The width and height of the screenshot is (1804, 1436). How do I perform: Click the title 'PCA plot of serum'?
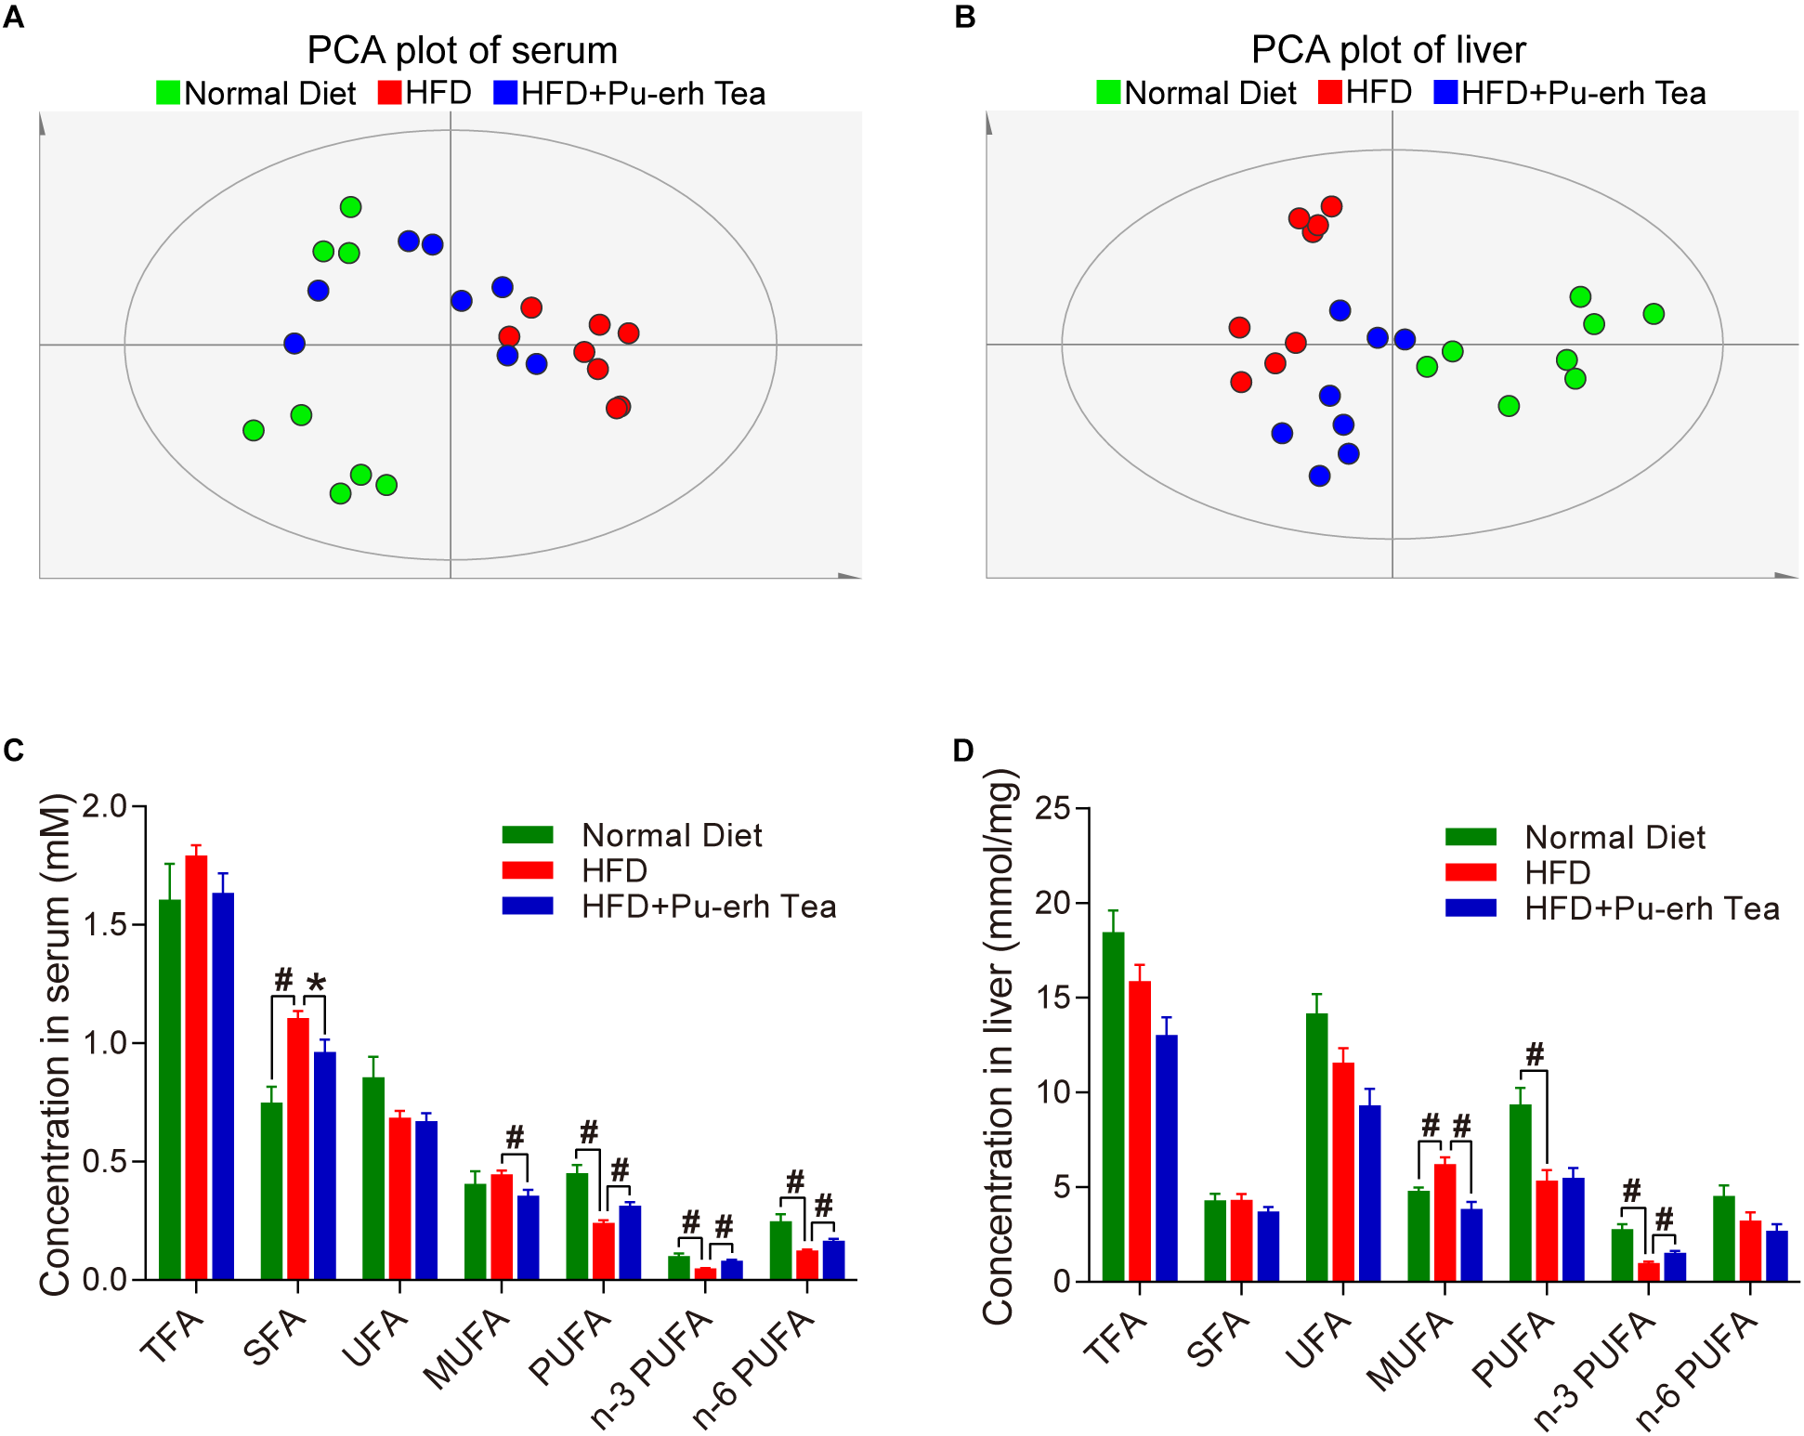point(462,50)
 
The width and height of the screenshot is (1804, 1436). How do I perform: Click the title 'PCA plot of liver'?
point(1388,50)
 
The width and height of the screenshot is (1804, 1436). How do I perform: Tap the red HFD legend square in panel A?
point(390,92)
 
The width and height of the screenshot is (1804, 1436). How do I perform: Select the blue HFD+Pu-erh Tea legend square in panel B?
point(1445,92)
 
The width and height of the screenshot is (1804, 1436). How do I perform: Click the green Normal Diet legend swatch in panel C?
point(528,834)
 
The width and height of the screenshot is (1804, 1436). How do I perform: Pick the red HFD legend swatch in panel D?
point(1471,872)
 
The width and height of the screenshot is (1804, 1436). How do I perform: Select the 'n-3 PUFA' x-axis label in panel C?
point(651,1370)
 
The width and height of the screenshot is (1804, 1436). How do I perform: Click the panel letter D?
point(963,751)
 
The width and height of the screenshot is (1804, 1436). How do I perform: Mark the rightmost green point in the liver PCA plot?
point(1653,314)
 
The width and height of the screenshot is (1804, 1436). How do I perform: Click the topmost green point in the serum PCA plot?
point(350,207)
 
